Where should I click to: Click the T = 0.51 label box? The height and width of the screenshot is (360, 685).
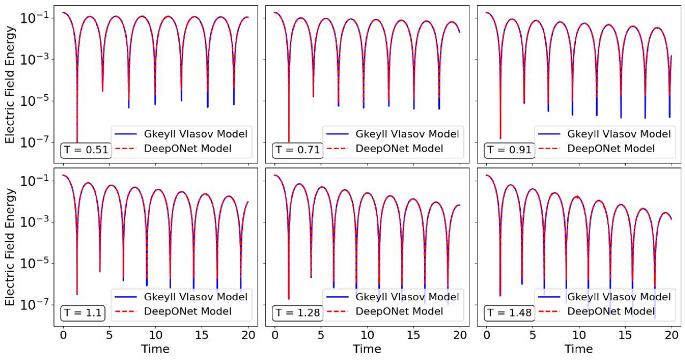pos(86,150)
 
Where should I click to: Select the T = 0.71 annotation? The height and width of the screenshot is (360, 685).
pos(297,150)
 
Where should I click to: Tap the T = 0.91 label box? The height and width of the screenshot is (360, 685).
pos(508,150)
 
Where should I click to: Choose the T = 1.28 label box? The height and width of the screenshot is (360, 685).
pos(297,312)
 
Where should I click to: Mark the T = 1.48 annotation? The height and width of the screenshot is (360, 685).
pos(508,312)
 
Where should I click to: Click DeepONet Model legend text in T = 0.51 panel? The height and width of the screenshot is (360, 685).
pos(188,148)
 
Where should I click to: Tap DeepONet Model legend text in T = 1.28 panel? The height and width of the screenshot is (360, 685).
pos(399,311)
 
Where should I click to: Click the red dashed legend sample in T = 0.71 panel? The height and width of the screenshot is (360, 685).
pos(337,149)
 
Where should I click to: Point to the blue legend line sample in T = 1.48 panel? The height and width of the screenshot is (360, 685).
pos(549,296)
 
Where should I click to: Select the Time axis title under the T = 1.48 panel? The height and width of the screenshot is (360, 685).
pos(578,349)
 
